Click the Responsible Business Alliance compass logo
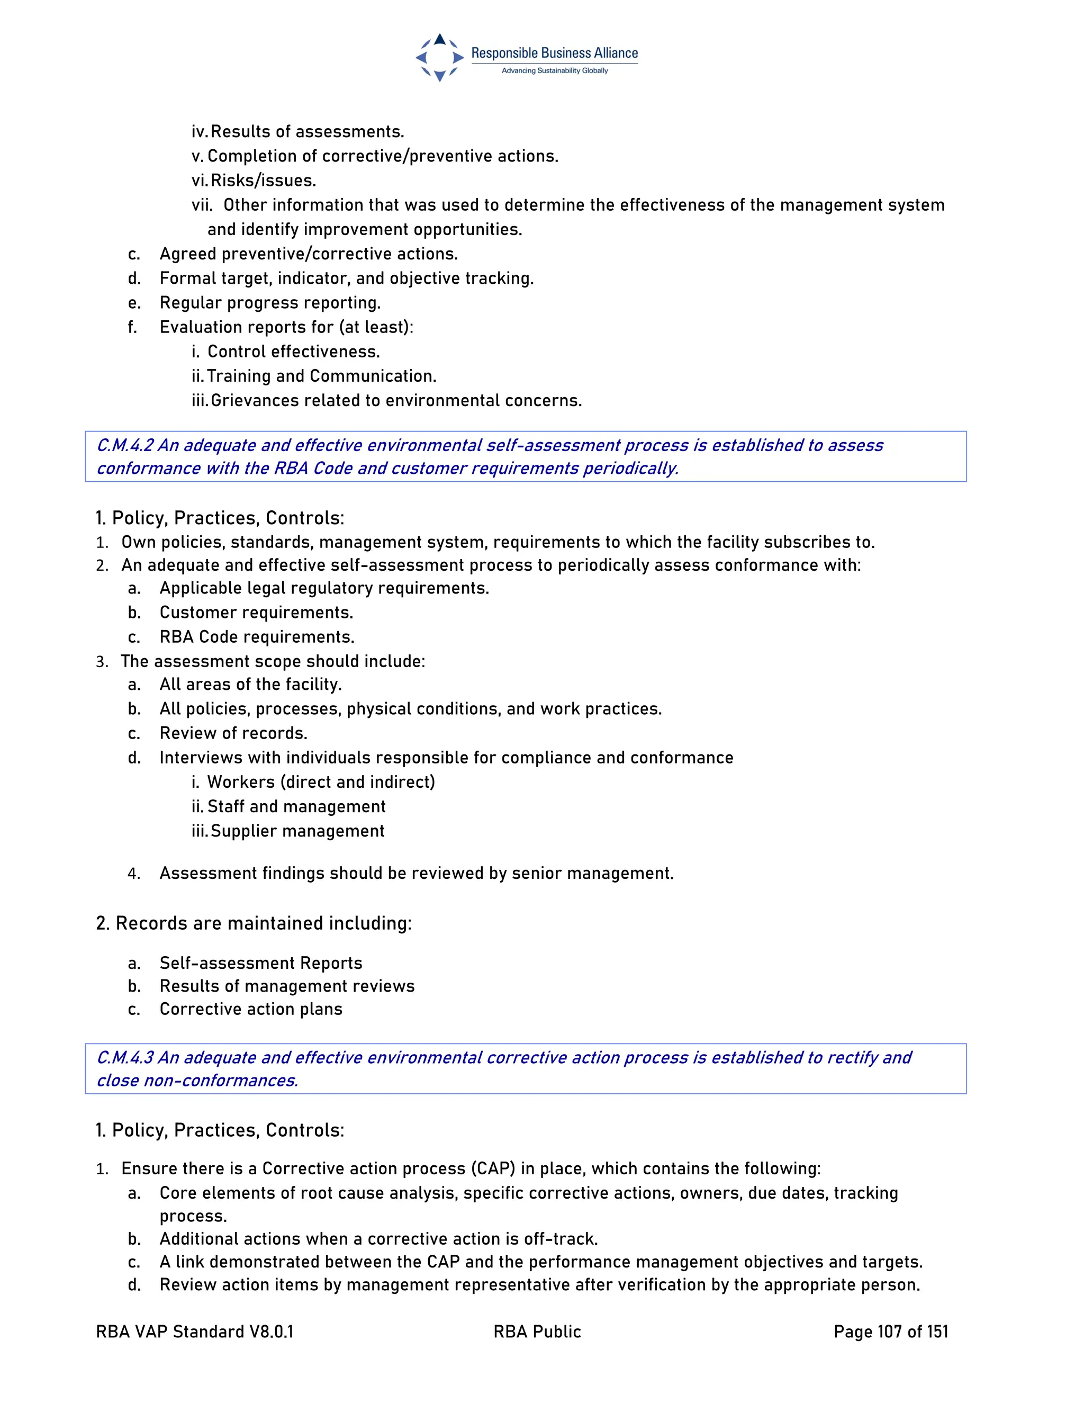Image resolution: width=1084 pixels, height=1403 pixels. (x=440, y=57)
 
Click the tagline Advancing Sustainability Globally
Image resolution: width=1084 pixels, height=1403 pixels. (x=554, y=70)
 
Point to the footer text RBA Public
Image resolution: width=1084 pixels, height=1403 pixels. (x=537, y=1332)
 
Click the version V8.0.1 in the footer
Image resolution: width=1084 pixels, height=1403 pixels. (x=271, y=1332)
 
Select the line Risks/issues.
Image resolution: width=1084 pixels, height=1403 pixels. (x=263, y=181)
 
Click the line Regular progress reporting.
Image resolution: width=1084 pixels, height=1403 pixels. (x=270, y=302)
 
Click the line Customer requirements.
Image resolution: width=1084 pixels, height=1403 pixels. (x=256, y=612)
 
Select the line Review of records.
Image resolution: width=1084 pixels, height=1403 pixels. (x=233, y=733)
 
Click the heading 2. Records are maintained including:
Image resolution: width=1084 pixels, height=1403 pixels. (x=254, y=923)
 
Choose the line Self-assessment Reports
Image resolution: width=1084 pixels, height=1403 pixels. (x=261, y=963)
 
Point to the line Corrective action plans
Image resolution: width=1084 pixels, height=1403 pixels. (x=250, y=1009)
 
